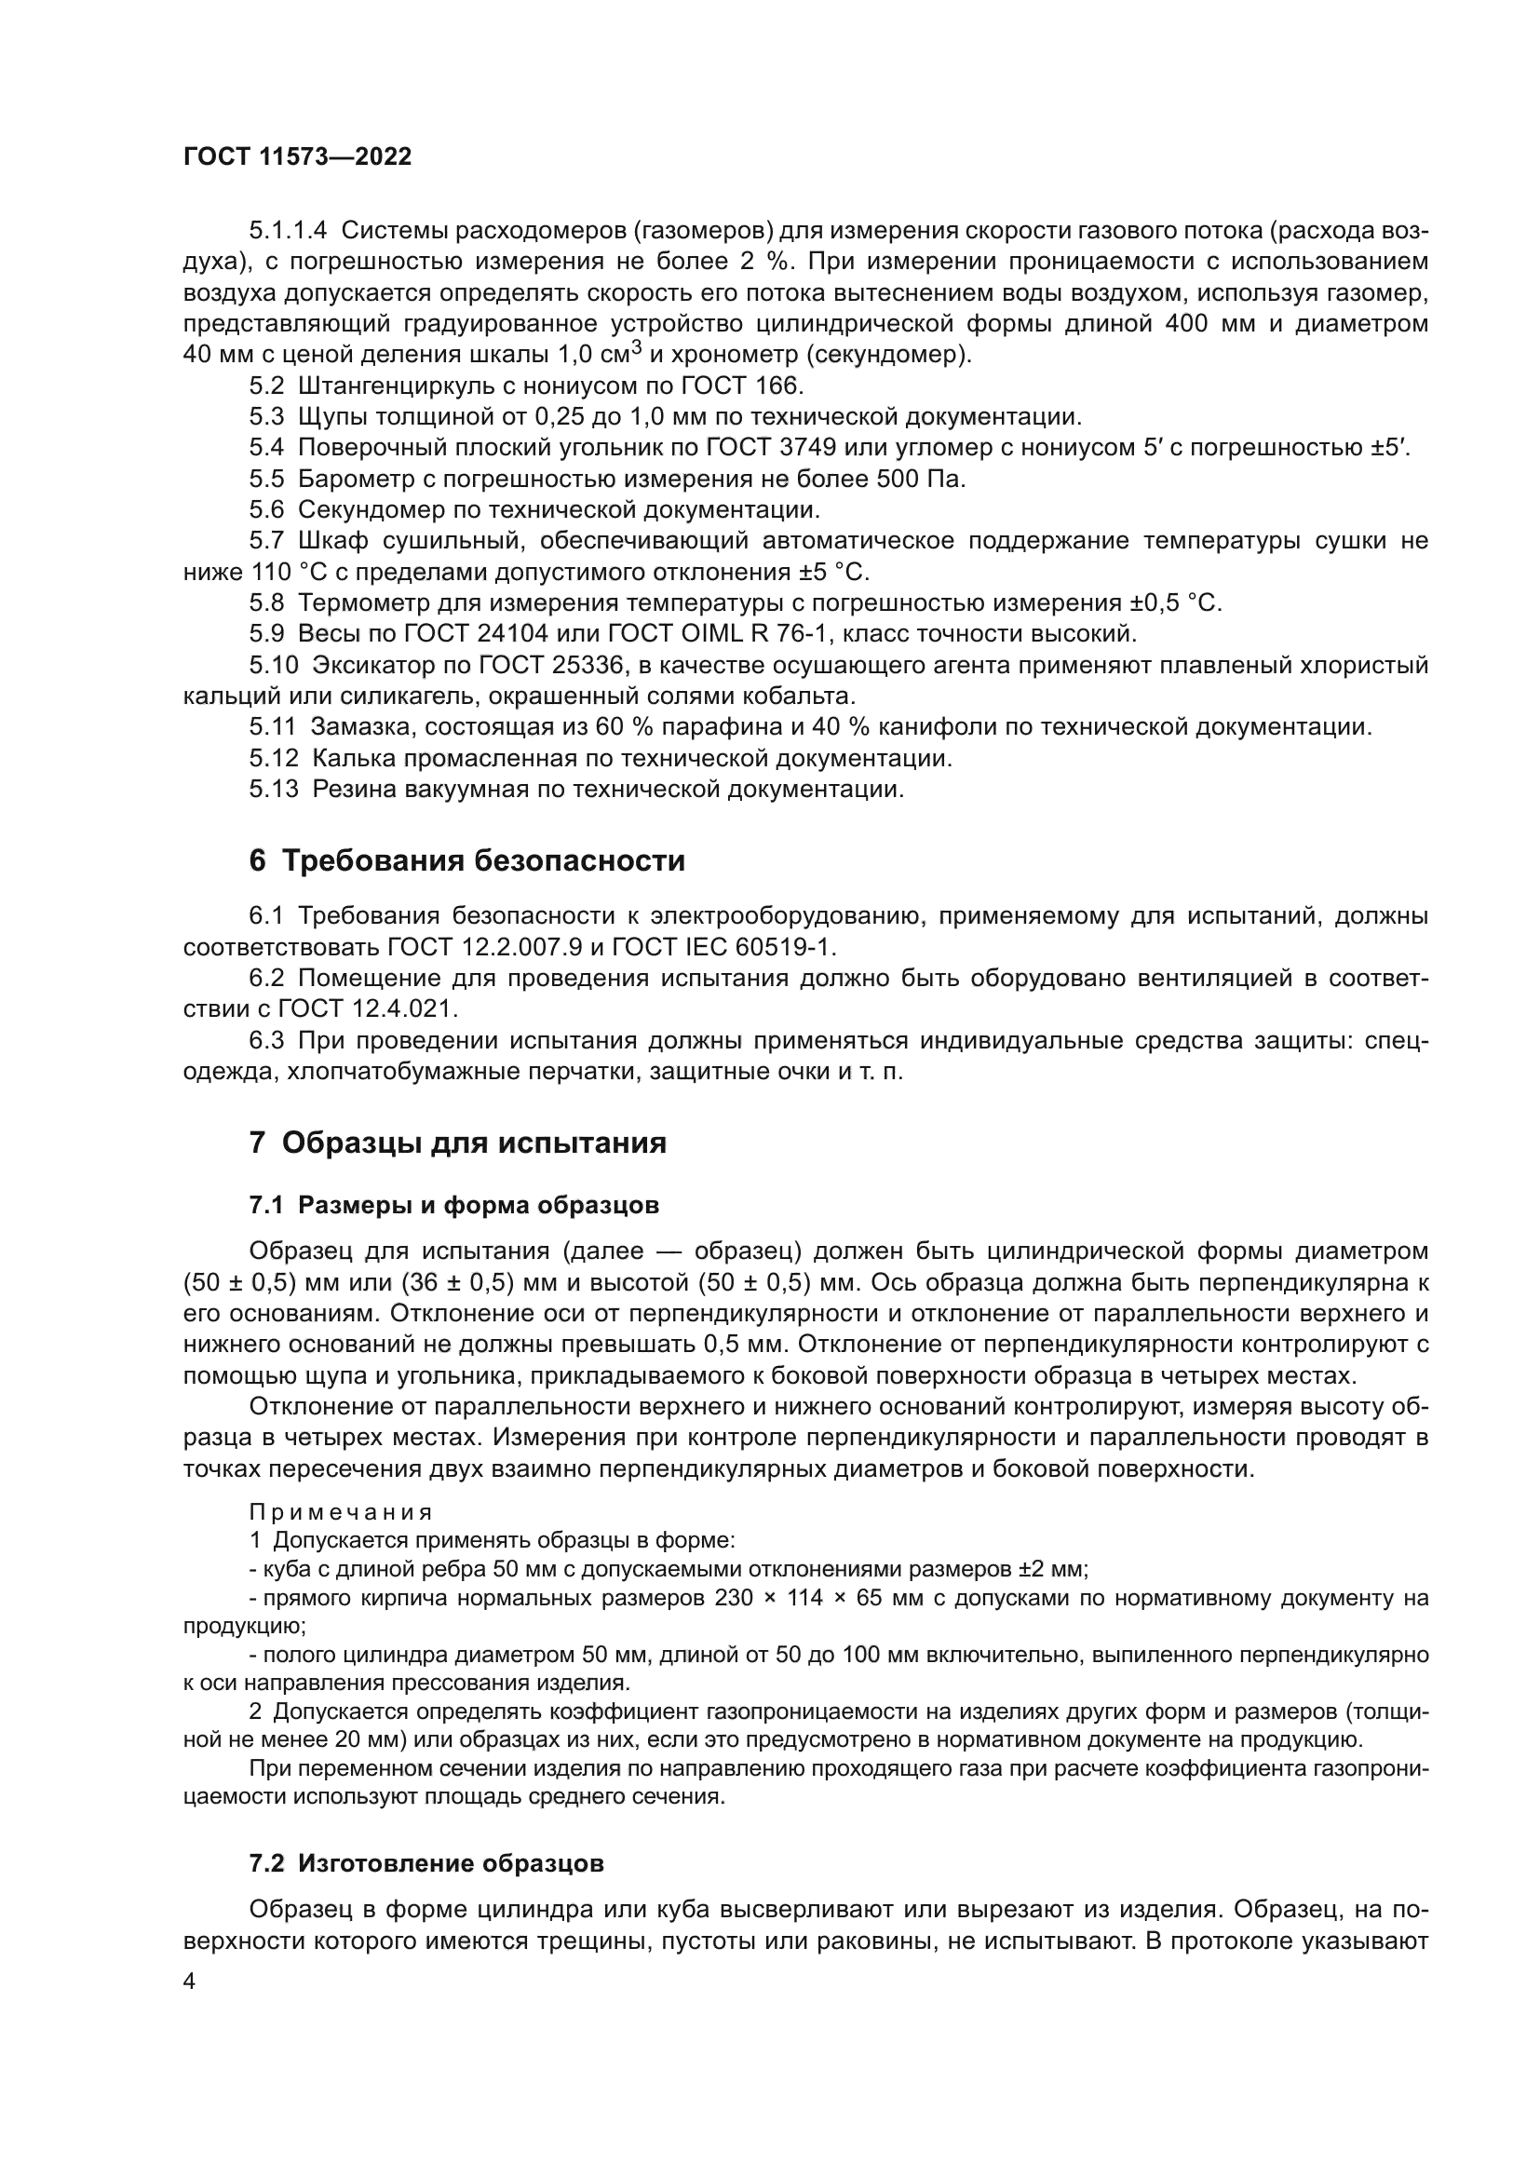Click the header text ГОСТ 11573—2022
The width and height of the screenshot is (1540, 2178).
(x=298, y=157)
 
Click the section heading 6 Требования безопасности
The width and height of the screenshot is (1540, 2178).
(x=466, y=861)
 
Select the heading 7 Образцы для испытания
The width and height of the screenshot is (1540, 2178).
(x=457, y=1143)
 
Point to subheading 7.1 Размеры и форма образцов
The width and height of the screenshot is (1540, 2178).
(x=453, y=1206)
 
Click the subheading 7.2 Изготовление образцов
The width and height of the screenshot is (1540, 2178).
(x=426, y=1863)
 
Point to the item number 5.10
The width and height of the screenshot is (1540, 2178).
(x=273, y=666)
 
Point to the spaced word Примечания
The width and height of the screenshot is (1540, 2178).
(x=341, y=1512)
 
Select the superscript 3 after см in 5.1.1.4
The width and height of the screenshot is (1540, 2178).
(x=637, y=347)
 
